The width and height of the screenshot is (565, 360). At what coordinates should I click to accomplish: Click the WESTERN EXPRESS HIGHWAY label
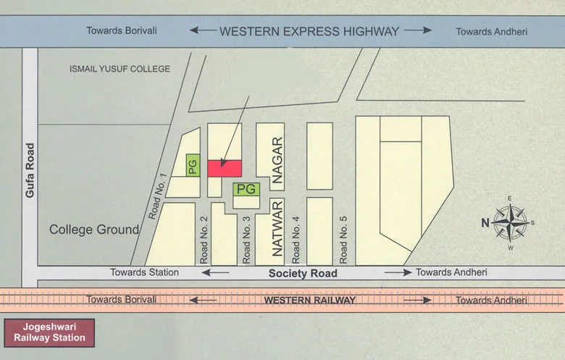(x=309, y=31)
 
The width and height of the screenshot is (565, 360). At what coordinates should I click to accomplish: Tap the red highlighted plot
(x=225, y=168)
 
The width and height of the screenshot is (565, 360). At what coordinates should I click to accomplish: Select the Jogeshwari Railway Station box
(x=49, y=332)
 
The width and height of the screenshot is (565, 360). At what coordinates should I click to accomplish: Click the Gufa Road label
(x=30, y=169)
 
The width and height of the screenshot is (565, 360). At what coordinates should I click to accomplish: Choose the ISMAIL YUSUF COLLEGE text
(x=120, y=69)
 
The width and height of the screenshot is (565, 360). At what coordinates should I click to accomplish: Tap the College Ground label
(x=93, y=230)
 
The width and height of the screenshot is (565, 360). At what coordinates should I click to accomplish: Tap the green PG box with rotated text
(x=193, y=166)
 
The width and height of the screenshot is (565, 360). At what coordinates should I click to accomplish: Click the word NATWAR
(x=276, y=230)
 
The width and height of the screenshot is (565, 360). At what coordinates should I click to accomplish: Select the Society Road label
(x=303, y=273)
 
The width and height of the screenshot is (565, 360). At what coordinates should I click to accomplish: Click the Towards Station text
(x=144, y=272)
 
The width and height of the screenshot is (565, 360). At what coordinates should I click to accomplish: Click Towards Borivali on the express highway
(x=122, y=31)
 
